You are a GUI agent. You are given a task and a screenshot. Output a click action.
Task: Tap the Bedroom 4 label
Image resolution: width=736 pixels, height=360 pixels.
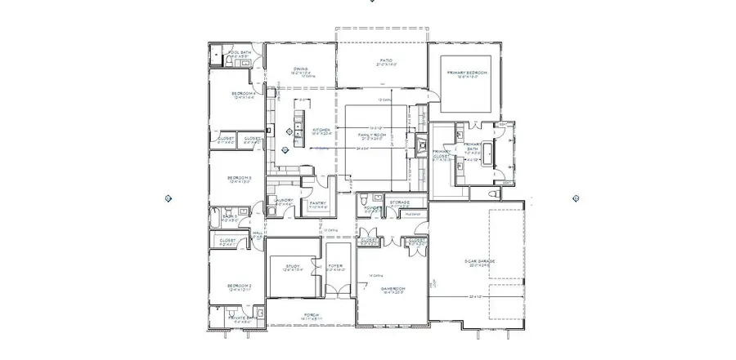click(244, 94)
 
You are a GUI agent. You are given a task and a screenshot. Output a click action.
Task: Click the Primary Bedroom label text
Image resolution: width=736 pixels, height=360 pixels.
click(467, 73)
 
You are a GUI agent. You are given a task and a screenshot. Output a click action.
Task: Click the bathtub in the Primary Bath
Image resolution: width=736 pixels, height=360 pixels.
click(488, 151)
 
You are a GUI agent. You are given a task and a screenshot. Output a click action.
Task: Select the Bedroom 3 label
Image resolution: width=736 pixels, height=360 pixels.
click(239, 177)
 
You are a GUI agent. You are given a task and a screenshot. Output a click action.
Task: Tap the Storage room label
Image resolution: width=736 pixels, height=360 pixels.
click(399, 202)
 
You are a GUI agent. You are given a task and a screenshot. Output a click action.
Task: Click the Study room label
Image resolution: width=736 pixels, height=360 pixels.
click(293, 266)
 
